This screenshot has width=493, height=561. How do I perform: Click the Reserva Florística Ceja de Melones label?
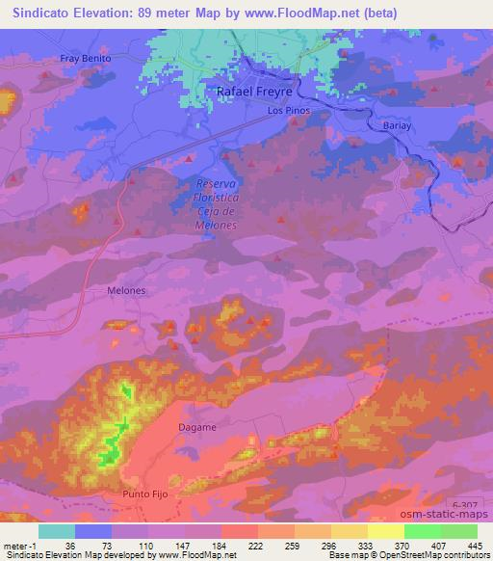[217, 203]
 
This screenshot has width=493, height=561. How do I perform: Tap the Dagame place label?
[197, 426]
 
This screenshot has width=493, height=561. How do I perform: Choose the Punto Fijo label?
[145, 494]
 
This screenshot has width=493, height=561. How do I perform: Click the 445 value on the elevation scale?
[473, 545]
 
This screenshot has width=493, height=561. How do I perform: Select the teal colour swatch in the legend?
[57, 530]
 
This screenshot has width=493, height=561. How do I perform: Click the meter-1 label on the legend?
[19, 545]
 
